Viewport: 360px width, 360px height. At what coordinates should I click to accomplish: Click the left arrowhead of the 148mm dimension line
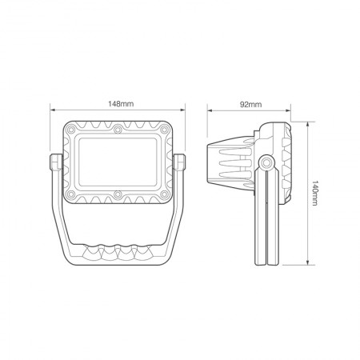click(x=51, y=112)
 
